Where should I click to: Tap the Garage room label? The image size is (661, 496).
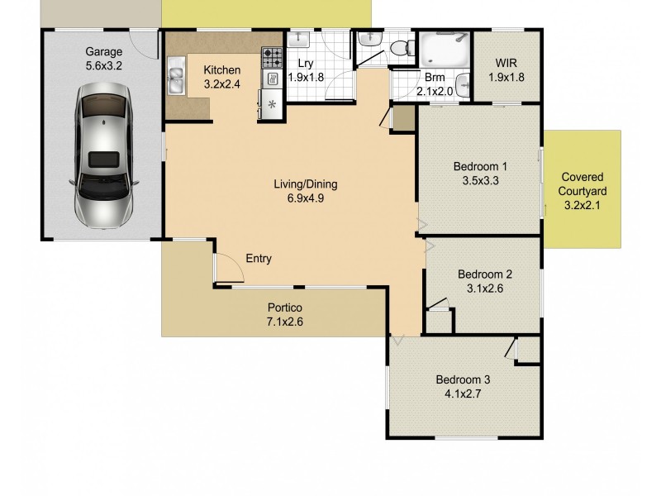[103, 51]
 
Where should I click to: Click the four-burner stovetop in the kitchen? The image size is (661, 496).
[272, 57]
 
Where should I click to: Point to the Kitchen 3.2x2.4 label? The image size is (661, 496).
[222, 77]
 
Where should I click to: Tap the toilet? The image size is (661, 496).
[402, 49]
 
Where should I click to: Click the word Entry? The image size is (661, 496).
[259, 259]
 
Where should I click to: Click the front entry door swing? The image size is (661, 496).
[223, 269]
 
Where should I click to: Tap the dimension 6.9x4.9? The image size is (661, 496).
[306, 198]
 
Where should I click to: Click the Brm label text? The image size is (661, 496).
[435, 79]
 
